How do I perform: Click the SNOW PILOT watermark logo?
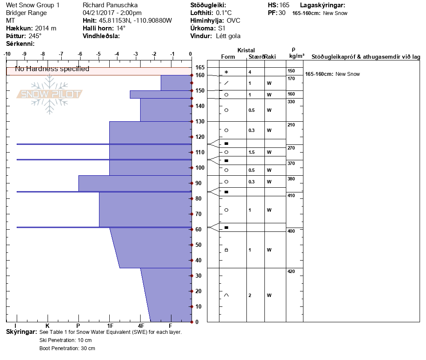coord(50,94)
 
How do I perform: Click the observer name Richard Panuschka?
coord(110,5)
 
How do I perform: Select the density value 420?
coord(291,271)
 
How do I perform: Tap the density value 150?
coord(291,71)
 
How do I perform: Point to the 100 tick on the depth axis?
coord(199,168)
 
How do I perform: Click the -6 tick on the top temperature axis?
coord(80,54)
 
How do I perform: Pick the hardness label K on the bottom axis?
coord(47,326)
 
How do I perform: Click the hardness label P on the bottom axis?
coord(78,326)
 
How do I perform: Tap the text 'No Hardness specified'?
coord(52,69)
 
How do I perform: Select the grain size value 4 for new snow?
coord(249,72)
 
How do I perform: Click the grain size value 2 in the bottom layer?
coord(249,295)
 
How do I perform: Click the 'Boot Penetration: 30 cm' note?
coord(67,348)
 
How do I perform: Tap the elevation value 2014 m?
coord(45,28)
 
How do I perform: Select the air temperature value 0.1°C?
coord(224,13)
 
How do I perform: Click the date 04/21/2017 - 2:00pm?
coord(112,13)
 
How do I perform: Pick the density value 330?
coord(291,102)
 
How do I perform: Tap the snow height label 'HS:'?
coord(272,5)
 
